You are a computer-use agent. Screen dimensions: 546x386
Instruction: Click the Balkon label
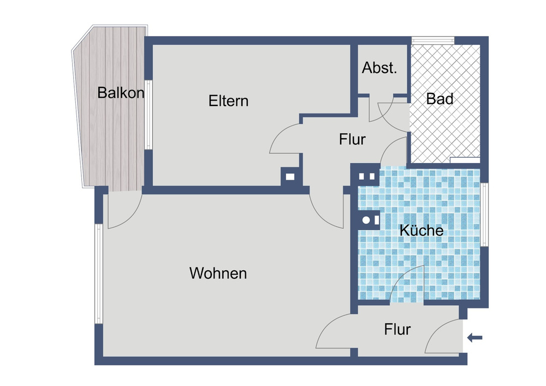pos(121,93)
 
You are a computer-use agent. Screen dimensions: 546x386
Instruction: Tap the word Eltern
pos(228,101)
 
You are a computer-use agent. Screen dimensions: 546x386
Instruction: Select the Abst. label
pos(379,68)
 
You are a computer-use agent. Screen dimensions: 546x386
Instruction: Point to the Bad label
pos(440,99)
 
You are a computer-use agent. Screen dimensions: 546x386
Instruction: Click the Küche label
pos(422,230)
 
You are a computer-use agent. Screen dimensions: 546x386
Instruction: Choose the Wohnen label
pos(218,273)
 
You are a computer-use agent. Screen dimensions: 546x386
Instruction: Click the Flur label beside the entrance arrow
pos(397,329)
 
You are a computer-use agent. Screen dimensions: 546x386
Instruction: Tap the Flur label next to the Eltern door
pos(352,139)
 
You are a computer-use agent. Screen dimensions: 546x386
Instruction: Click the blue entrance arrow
pos(474,337)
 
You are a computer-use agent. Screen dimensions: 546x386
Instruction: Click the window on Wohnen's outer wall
pos(99,274)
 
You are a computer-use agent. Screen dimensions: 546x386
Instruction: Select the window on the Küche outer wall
pos(484,215)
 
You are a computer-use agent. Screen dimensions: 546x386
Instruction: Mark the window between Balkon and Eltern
pos(149,115)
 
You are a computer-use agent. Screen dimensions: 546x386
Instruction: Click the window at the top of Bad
pos(433,40)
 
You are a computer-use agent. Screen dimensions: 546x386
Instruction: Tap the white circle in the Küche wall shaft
pos(366,220)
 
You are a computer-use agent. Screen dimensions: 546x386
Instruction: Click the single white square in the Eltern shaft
pos(290,177)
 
